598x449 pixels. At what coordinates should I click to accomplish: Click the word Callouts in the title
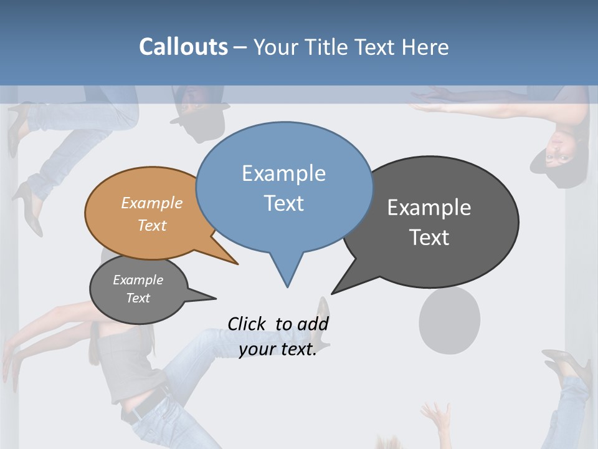183,47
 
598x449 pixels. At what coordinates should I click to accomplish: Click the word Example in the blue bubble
283,173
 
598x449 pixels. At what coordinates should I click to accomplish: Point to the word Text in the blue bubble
283,203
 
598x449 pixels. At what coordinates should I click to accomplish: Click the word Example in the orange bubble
152,203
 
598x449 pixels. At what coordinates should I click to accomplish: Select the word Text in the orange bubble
152,225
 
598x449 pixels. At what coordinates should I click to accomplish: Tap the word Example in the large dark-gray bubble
429,208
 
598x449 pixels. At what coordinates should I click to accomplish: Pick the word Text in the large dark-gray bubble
429,238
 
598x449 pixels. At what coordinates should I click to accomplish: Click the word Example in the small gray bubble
138,280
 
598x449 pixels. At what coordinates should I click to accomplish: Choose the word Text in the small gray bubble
138,298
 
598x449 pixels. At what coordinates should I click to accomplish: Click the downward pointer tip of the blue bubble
287,286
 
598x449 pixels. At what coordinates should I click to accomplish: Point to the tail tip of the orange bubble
237,264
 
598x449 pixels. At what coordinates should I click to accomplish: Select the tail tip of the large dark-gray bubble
332,293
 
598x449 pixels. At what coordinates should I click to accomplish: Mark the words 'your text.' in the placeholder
278,349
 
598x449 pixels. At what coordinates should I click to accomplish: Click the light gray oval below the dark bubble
449,320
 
